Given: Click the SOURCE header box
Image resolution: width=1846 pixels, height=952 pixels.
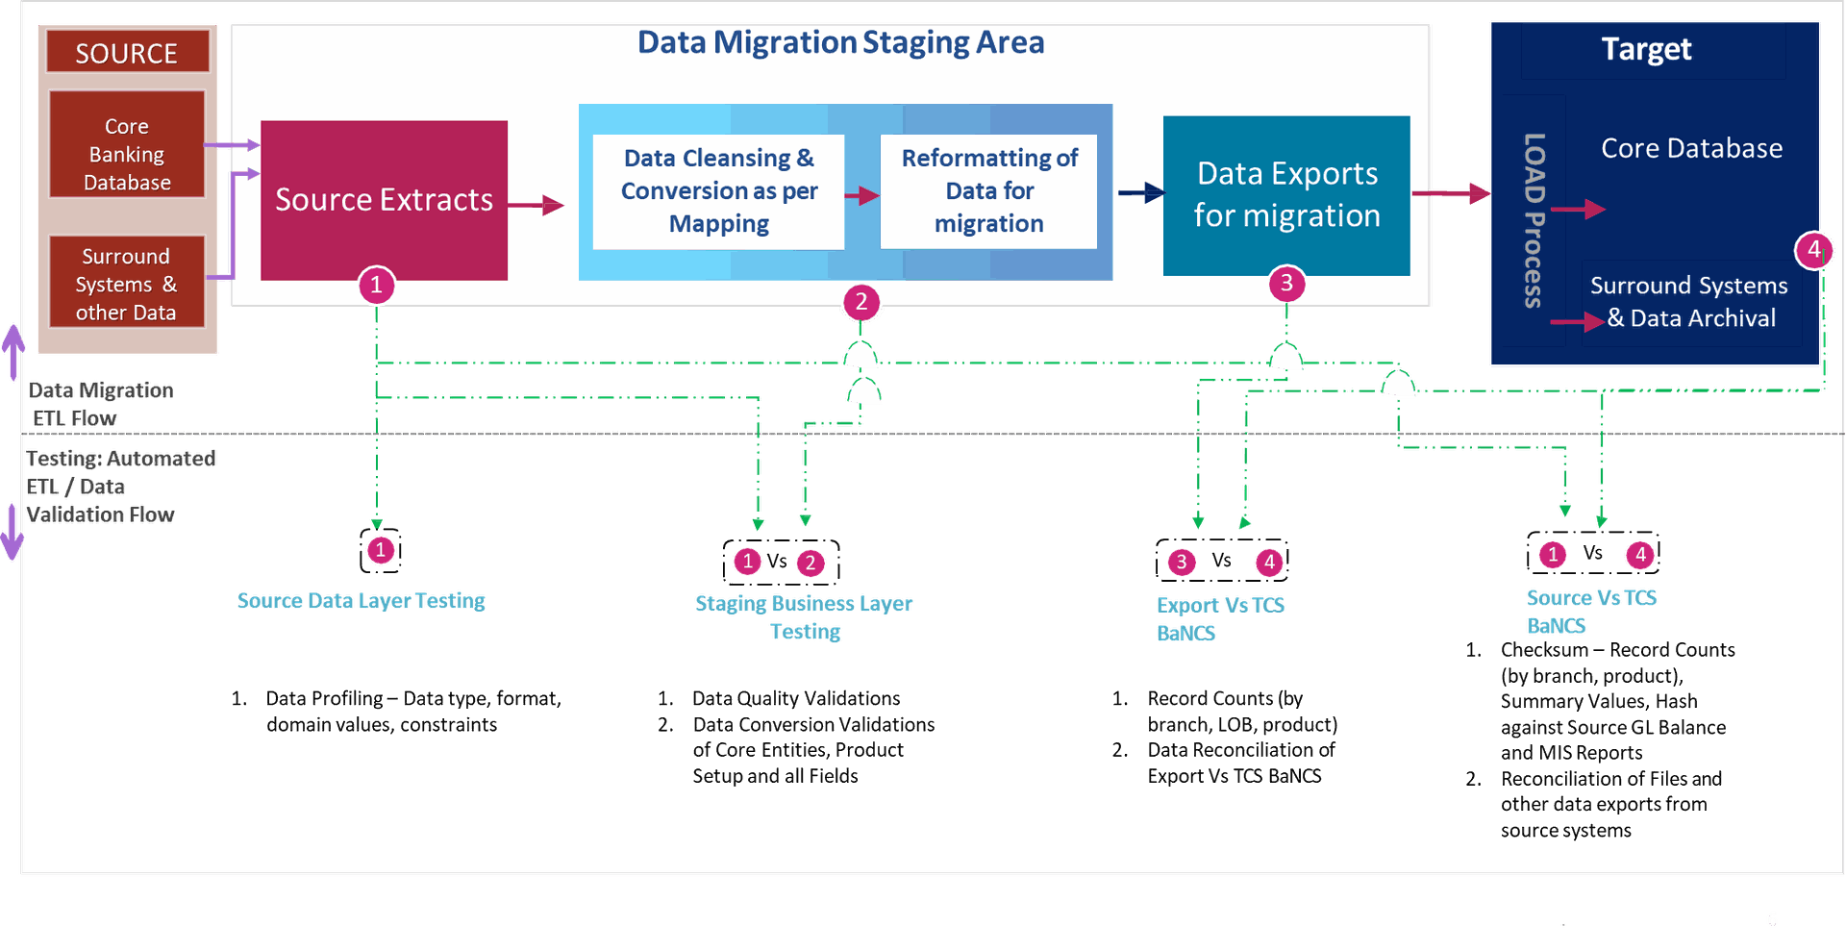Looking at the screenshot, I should [127, 52].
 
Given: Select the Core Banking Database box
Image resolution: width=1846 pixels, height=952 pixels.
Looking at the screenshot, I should [127, 154].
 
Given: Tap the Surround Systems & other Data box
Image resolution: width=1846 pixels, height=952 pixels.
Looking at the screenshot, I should [127, 284].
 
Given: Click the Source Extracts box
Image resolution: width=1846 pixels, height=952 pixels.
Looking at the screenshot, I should [384, 199].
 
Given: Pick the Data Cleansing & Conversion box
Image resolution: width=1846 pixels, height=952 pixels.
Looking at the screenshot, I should [718, 190].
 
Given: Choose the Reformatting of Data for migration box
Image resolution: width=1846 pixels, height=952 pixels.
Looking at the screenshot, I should [988, 190].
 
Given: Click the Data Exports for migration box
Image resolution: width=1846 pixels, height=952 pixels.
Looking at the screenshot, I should [1286, 195].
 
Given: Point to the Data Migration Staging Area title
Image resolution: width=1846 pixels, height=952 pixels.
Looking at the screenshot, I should [840, 42].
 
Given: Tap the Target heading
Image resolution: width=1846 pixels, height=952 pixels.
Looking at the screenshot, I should [1646, 49].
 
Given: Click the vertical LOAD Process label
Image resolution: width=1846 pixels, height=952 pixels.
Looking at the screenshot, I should [1534, 220].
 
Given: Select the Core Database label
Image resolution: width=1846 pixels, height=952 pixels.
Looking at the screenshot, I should [1691, 148].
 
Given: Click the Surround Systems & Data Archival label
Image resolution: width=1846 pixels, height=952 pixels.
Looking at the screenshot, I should [1689, 302].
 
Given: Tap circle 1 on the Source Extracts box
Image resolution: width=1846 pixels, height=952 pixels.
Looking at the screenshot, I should [377, 285].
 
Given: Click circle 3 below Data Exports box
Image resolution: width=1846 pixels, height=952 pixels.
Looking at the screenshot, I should [1286, 284].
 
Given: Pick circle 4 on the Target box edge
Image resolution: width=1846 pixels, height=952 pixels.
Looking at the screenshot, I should [1813, 250].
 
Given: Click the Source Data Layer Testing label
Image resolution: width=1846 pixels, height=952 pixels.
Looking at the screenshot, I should [362, 600].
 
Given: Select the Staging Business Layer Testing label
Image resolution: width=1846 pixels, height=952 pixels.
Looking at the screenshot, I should [804, 616].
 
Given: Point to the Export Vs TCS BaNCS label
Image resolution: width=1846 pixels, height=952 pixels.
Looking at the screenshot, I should [1219, 618].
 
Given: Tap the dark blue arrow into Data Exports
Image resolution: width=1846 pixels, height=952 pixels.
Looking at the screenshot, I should [1141, 193].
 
